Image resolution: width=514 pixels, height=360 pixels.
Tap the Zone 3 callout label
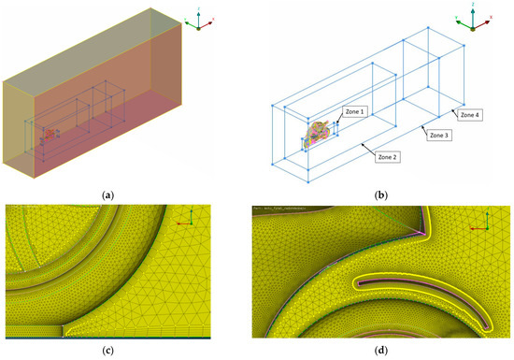click(440, 136)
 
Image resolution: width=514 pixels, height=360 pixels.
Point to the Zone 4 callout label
click(470, 114)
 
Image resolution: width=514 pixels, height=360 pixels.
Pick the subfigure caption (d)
click(381, 352)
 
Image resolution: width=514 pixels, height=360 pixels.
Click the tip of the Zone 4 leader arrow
click(446, 107)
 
